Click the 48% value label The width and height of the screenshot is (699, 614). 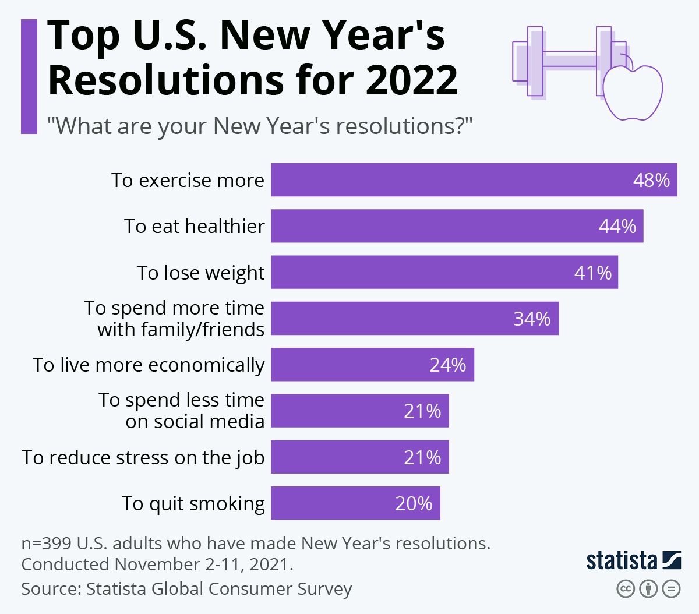651,180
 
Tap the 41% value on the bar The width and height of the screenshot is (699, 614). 593,273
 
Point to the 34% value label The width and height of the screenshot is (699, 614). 532,319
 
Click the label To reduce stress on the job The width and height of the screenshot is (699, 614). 143,458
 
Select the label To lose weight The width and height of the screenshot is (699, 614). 200,273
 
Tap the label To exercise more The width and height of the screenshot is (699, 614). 188,181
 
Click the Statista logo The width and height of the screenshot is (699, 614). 633,560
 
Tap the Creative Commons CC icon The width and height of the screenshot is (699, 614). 625,589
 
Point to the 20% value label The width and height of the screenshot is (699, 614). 414,503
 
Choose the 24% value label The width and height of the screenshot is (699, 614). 447,365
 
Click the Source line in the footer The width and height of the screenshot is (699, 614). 186,589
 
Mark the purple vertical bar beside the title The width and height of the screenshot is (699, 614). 29,76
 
